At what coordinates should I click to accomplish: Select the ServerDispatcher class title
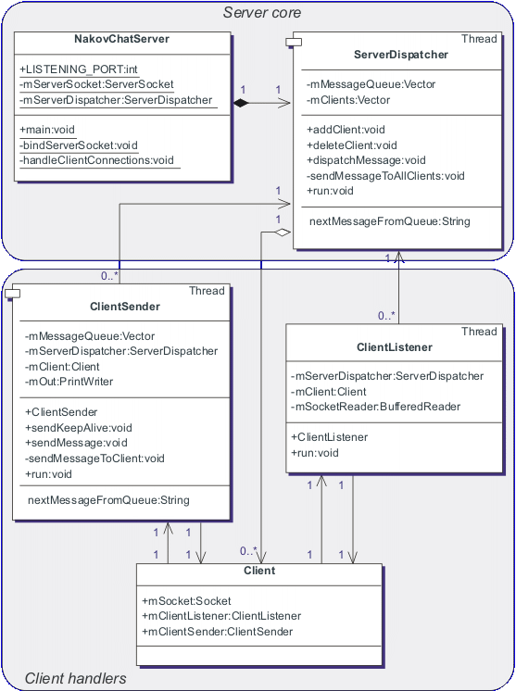click(401, 55)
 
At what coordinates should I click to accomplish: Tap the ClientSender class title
click(125, 307)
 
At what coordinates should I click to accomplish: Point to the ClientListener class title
click(394, 347)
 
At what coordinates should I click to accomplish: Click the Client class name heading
click(258, 571)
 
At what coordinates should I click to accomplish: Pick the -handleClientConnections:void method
click(97, 160)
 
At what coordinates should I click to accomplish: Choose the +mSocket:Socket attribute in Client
click(187, 601)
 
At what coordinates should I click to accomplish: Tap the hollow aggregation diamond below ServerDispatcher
click(283, 232)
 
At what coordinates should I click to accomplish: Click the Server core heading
click(262, 12)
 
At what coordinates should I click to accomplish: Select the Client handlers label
click(75, 679)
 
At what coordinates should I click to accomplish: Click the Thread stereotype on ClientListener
click(479, 332)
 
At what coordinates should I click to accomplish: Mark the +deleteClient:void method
click(351, 144)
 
